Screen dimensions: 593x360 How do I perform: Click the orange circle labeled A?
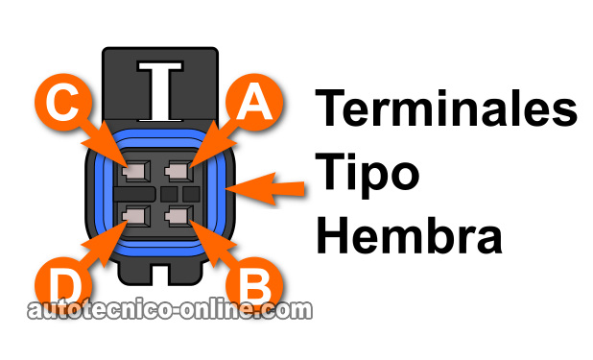(253, 102)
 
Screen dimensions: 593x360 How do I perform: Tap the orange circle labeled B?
(253, 285)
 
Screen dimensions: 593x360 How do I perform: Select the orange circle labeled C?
(63, 102)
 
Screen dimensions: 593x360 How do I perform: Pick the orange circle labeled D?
(63, 285)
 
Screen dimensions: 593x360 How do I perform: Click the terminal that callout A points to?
(178, 171)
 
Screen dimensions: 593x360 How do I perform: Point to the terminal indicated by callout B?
(178, 216)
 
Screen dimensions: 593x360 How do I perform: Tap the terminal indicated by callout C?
(135, 171)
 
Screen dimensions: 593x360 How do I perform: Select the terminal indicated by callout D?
(135, 216)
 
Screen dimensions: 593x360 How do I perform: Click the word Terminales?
(446, 108)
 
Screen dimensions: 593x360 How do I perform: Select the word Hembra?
(409, 235)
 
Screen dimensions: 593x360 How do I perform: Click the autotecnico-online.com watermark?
(170, 310)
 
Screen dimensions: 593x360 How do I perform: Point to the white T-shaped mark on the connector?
(160, 91)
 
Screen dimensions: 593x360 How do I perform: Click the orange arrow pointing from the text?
(265, 188)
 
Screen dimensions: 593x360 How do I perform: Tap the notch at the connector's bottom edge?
(160, 275)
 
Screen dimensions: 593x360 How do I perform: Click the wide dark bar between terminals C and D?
(134, 194)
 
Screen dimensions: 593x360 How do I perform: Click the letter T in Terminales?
(330, 108)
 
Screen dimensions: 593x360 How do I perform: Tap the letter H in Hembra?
(332, 235)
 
